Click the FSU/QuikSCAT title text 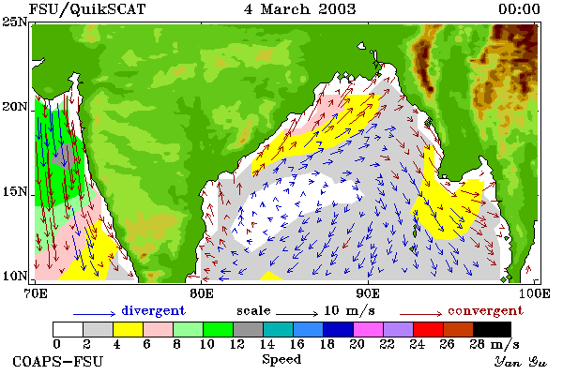(x=87, y=9)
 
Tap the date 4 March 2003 (x=299, y=9)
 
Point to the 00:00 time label (x=519, y=9)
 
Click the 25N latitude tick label (x=15, y=22)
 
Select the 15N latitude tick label (x=15, y=192)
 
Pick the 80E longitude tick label (x=202, y=293)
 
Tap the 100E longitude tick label (x=535, y=293)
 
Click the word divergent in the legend (x=153, y=310)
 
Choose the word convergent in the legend (x=485, y=310)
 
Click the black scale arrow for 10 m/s (x=297, y=314)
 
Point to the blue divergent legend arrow (x=94, y=314)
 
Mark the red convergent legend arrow (x=420, y=314)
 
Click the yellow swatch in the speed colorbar (x=128, y=329)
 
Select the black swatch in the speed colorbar (x=492, y=329)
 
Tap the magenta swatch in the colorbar (x=369, y=329)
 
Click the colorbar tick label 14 (x=266, y=344)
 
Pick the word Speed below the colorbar (x=281, y=359)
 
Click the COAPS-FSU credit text (x=58, y=361)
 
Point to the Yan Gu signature (x=520, y=362)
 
